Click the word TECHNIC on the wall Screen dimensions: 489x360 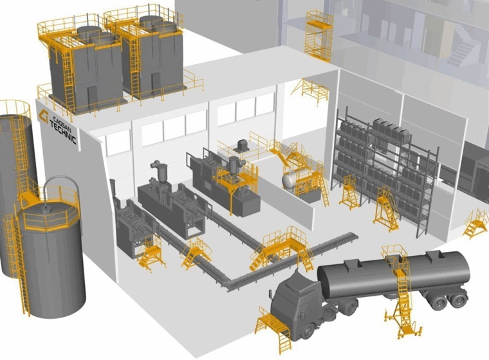coord(62,132)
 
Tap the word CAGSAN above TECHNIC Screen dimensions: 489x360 coord(59,123)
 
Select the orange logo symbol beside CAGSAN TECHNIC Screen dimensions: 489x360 coord(43,116)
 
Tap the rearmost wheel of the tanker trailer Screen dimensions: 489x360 coord(458,300)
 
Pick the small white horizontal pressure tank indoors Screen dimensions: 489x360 coord(291,180)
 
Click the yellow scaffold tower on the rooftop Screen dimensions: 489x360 coord(318,35)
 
